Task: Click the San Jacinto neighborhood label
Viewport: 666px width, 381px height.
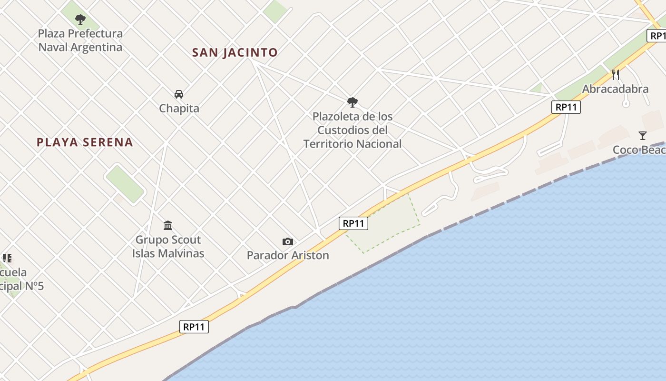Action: coord(235,52)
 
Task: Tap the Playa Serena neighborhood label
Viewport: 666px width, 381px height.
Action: coord(85,142)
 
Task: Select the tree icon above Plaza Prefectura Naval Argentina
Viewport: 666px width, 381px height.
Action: coord(80,20)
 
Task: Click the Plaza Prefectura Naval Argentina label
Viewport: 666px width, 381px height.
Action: coord(80,40)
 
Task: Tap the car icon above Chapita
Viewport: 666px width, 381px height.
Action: coord(179,94)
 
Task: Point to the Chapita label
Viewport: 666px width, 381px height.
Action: coord(179,109)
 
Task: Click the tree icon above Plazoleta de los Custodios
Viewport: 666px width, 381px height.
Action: coord(353,102)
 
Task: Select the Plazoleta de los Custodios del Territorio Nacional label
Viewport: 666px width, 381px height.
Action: coord(353,130)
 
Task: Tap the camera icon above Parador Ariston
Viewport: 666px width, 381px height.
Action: coord(288,242)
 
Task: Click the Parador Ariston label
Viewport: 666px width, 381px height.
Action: coord(288,255)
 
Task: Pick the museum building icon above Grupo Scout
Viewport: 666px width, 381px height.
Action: coord(168,225)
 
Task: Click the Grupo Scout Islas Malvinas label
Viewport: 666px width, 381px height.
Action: coord(168,246)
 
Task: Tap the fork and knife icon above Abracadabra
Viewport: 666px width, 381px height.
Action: coord(616,74)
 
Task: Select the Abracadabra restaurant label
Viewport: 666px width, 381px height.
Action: coord(615,89)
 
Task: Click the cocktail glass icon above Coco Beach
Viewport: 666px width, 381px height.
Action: coord(643,136)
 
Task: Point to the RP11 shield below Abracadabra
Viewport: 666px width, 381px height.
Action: coord(566,107)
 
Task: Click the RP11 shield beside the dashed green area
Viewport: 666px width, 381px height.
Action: coord(353,223)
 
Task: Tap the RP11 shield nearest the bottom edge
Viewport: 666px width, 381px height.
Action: coord(195,327)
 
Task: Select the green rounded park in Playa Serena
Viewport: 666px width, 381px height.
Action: coord(125,183)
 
